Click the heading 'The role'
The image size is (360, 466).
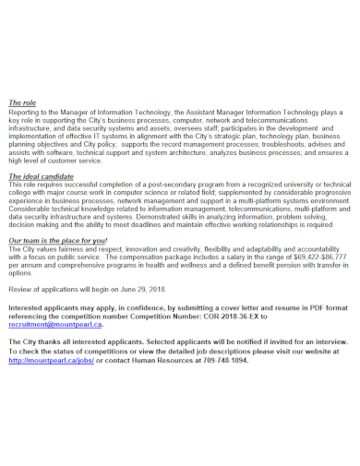coord(21,102)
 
